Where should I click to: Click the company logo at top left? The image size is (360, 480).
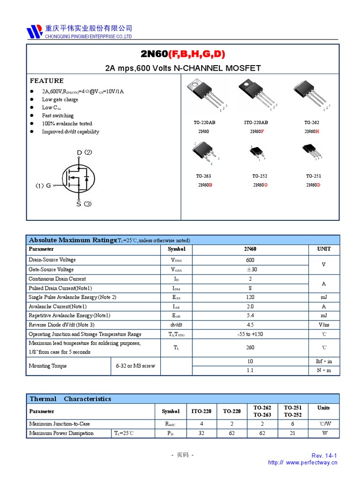coord(34,31)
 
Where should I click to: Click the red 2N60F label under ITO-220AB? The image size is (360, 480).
coord(256,132)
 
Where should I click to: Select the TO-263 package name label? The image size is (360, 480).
coord(203,176)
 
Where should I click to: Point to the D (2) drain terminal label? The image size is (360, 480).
coord(84,152)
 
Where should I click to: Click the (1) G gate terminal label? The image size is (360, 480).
coord(43,186)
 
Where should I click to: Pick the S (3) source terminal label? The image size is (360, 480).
coord(84,204)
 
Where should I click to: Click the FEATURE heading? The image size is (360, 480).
coord(46,81)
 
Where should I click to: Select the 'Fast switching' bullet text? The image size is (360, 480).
coord(58,115)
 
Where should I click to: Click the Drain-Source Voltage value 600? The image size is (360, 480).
coord(250,260)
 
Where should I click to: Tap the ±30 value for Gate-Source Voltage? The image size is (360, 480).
coord(251,270)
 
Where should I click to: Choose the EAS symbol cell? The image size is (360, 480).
coord(176,297)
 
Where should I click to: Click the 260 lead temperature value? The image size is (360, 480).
coord(250,347)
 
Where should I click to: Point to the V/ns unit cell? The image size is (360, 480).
coord(324,325)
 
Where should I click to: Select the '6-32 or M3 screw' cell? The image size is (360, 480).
coord(135,366)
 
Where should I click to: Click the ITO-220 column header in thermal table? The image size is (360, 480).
coord(201,411)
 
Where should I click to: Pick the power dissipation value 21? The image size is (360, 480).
coord(292,433)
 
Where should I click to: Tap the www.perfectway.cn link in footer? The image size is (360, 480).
coord(311,462)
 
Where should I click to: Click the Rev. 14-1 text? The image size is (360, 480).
coord(324,456)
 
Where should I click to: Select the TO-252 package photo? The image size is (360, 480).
coord(257,152)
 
